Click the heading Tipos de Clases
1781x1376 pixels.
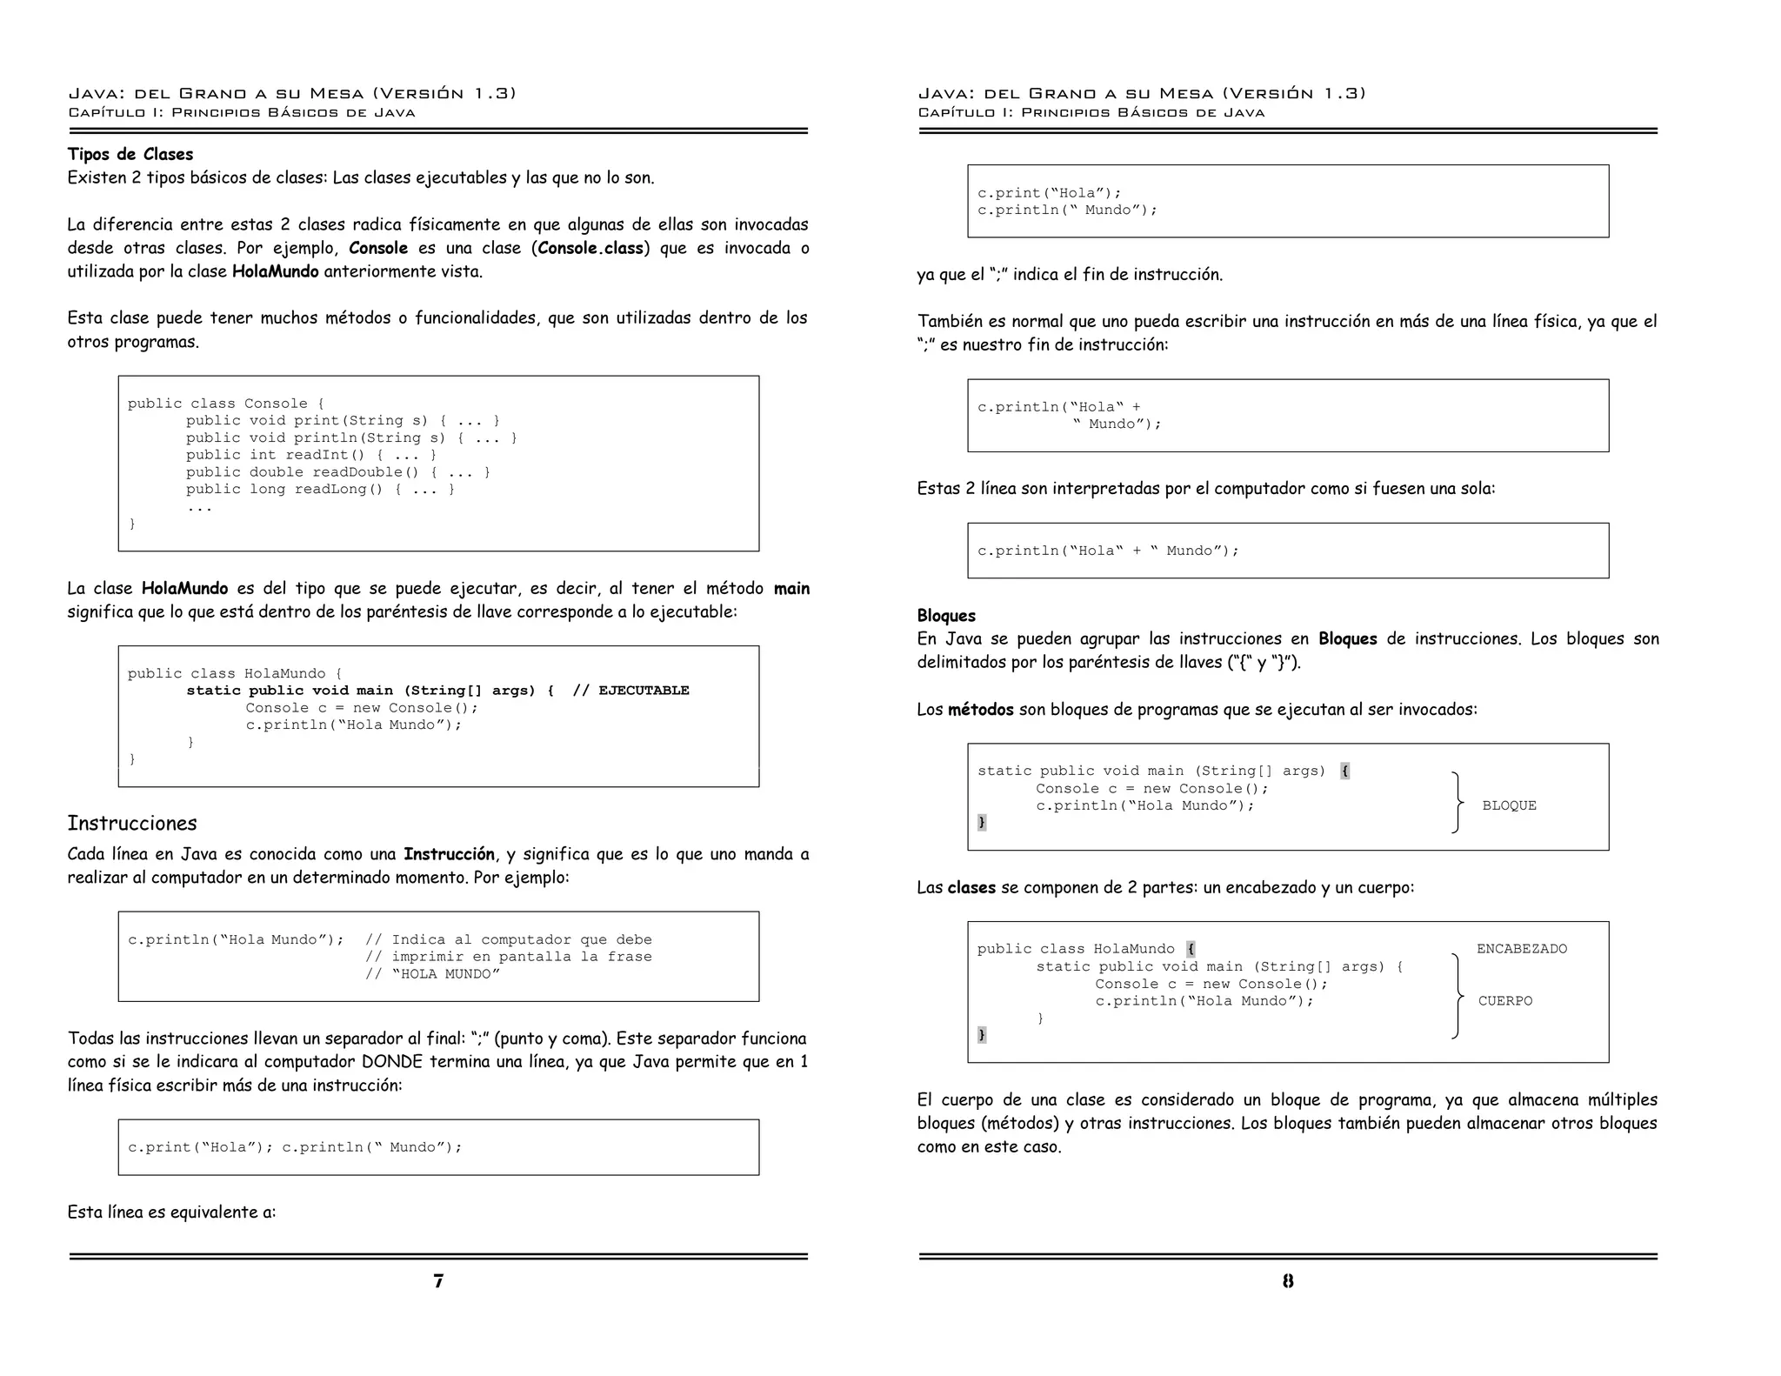pyautogui.click(x=130, y=154)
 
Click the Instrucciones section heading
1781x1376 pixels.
pyautogui.click(x=132, y=823)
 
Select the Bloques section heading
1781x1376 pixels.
pyautogui.click(x=946, y=616)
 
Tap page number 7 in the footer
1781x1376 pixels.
pyautogui.click(x=438, y=1280)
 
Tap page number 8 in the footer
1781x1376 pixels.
pyautogui.click(x=1288, y=1280)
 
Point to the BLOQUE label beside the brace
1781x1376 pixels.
pyautogui.click(x=1509, y=805)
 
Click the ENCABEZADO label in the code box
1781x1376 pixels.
pyautogui.click(x=1521, y=949)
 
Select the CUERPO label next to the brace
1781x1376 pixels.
pyautogui.click(x=1505, y=1001)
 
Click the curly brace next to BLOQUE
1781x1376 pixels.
pyautogui.click(x=1457, y=803)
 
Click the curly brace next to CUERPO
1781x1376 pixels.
pyautogui.click(x=1457, y=997)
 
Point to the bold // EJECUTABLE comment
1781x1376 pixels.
pyautogui.click(x=630, y=691)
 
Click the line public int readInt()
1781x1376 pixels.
pyautogui.click(x=310, y=455)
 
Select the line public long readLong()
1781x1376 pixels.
pyautogui.click(x=319, y=489)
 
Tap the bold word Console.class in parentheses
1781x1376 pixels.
pyautogui.click(x=590, y=248)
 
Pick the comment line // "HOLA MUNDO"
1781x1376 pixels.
pyautogui.click(x=432, y=974)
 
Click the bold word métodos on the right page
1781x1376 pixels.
pyautogui.click(x=980, y=710)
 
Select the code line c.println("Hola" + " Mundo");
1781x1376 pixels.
pyautogui.click(x=1107, y=551)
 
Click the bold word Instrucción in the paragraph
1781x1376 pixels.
pyautogui.click(x=449, y=854)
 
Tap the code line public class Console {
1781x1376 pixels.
pyautogui.click(x=225, y=404)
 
